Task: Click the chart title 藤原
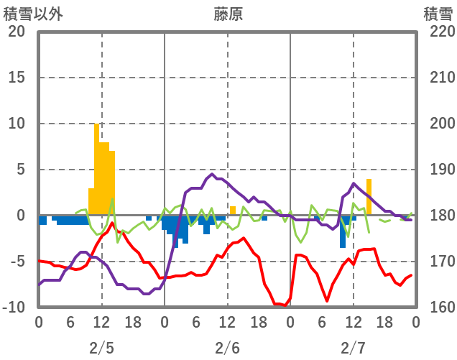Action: [x=228, y=14]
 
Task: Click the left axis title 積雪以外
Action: [x=28, y=14]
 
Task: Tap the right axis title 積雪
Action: [x=437, y=14]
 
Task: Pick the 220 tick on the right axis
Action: [x=438, y=32]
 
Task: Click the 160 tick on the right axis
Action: [x=438, y=308]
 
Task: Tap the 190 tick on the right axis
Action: [x=438, y=170]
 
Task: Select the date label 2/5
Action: [x=101, y=348]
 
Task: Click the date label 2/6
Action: [x=227, y=348]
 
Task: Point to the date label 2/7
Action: [x=353, y=348]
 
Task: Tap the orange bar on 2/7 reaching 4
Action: [x=369, y=197]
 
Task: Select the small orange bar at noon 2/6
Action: [x=233, y=211]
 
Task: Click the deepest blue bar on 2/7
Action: [x=343, y=231]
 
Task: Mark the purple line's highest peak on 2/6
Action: [x=212, y=173]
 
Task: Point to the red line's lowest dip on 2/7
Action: [x=327, y=300]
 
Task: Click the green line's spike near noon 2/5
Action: [x=112, y=200]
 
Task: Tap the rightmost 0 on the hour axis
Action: [x=415, y=322]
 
